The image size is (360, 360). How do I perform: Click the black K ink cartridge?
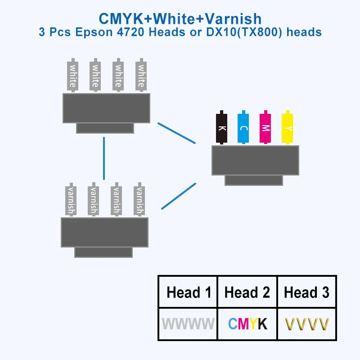[x=221, y=128]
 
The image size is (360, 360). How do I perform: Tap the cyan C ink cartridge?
[x=243, y=128]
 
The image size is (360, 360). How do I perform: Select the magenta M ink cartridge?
[x=265, y=128]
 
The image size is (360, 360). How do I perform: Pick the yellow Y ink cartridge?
[x=287, y=128]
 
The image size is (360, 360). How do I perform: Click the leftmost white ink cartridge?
[x=72, y=75]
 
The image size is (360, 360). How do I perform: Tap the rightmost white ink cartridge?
[x=141, y=75]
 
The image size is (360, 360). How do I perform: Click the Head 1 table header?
[x=189, y=292]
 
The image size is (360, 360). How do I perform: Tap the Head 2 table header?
[x=247, y=292]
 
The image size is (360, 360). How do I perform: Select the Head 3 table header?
[x=306, y=292]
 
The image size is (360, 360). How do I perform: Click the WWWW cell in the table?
[x=188, y=324]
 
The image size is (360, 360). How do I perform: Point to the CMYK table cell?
[x=247, y=324]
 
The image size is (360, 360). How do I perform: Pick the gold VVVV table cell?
[x=307, y=324]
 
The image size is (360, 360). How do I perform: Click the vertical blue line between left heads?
[x=104, y=158]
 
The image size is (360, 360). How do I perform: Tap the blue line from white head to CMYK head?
[x=176, y=133]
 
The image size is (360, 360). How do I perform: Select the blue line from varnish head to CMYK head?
[x=178, y=196]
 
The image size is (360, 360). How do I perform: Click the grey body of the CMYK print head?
[x=255, y=160]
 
